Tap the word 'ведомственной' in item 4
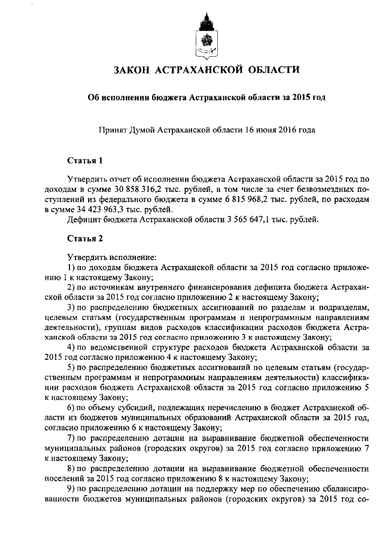[116, 347]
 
